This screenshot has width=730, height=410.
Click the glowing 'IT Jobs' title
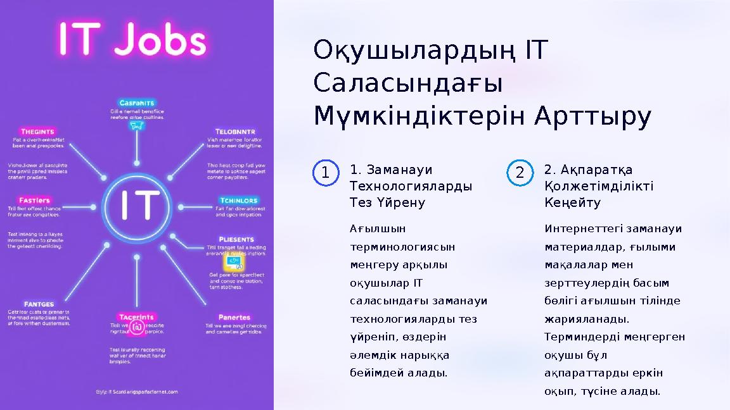[x=132, y=40]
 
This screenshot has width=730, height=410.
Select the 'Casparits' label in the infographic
[x=138, y=102]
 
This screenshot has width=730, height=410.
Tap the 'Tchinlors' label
[x=238, y=201]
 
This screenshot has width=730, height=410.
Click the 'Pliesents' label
[x=236, y=239]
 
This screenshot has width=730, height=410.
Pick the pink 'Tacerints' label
[x=137, y=316]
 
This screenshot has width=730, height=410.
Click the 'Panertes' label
[x=234, y=317]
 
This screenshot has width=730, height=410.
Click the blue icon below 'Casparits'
[x=137, y=125]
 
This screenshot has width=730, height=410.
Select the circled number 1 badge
[x=324, y=173]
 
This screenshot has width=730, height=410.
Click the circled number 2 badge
[x=519, y=173]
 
